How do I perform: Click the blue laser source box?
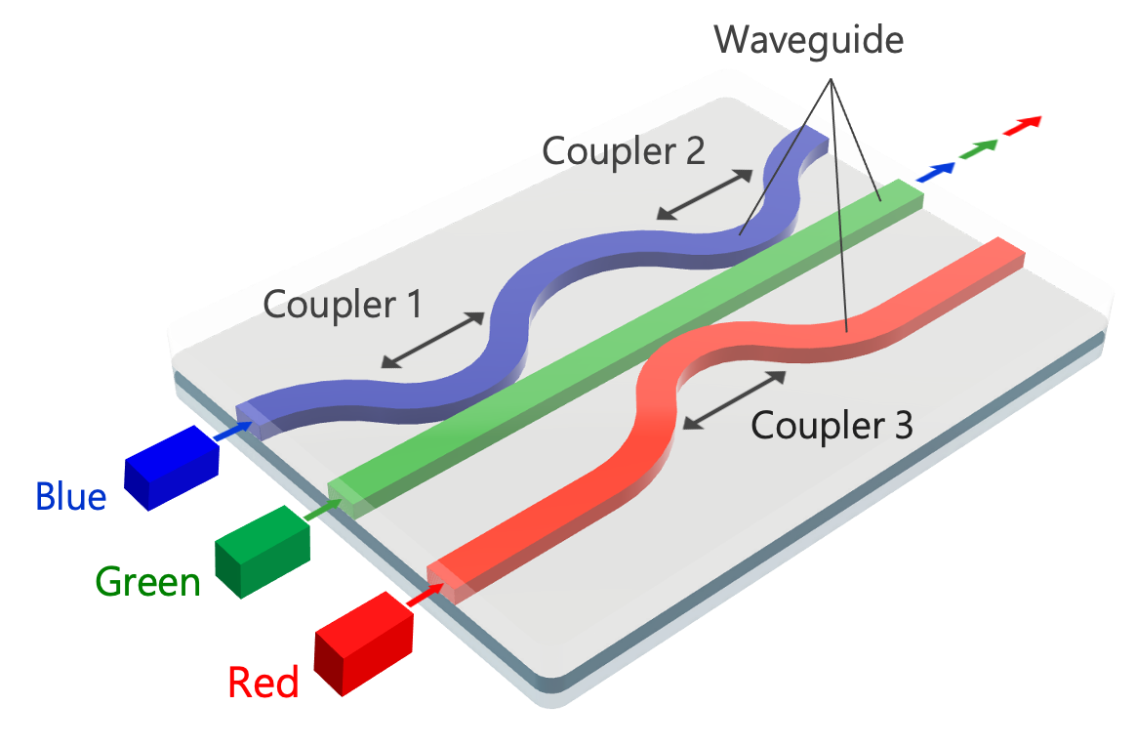[x=171, y=467]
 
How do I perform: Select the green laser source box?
[x=262, y=550]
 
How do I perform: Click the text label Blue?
[x=70, y=497]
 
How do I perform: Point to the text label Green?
[x=147, y=583]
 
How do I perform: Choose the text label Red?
[x=263, y=682]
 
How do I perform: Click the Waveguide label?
[x=808, y=40]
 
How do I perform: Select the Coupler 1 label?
[x=343, y=306]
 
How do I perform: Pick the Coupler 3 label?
[x=832, y=426]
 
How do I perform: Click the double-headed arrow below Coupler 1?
[x=433, y=340]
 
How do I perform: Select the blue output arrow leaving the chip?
[x=937, y=171]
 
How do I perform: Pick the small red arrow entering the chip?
[x=423, y=594]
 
